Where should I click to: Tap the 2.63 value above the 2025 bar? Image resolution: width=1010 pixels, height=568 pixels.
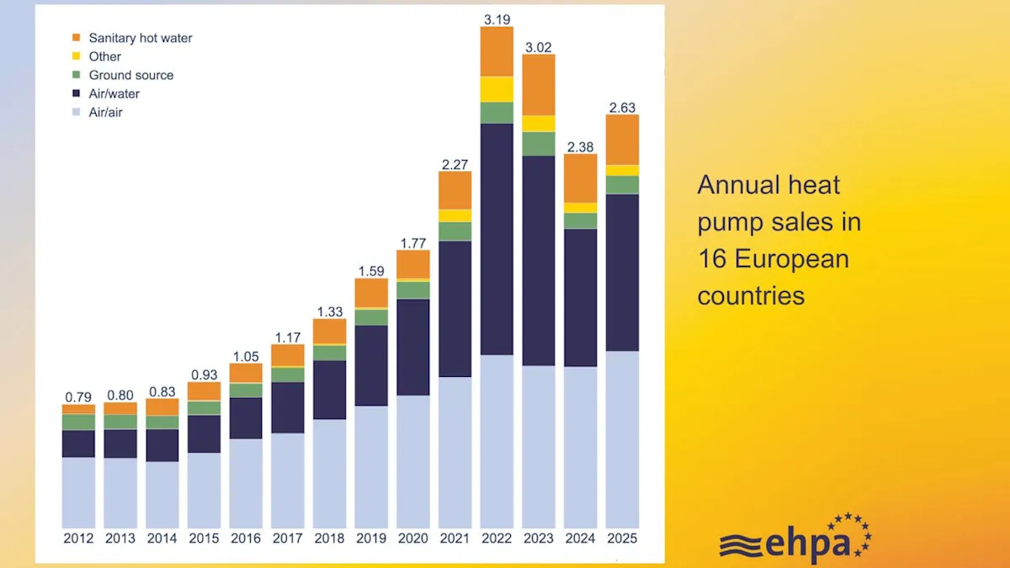coord(622,107)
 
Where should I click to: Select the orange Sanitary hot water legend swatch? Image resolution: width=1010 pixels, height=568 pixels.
coord(76,38)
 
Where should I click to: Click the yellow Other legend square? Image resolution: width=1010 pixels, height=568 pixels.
coord(76,56)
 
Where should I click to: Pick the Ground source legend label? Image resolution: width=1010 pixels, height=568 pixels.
coord(130,75)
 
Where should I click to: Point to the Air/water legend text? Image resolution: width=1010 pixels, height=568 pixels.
coord(117,93)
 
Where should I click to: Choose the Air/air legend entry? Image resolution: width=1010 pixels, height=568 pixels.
coord(105,112)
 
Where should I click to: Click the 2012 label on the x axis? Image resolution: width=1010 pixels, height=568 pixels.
coord(78,539)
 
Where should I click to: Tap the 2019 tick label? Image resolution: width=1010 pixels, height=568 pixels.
coord(371,539)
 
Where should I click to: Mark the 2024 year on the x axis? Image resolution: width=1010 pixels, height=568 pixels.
coord(580,539)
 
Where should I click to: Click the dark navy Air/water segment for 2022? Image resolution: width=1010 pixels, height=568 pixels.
coord(497,239)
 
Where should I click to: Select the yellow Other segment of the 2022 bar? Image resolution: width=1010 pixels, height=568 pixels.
coord(497,89)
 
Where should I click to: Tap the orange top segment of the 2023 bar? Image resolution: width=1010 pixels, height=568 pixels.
coord(539,84)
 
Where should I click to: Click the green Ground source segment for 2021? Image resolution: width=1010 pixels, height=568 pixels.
coord(454,231)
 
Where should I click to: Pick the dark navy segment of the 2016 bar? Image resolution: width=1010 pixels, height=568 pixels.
coord(246,418)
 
